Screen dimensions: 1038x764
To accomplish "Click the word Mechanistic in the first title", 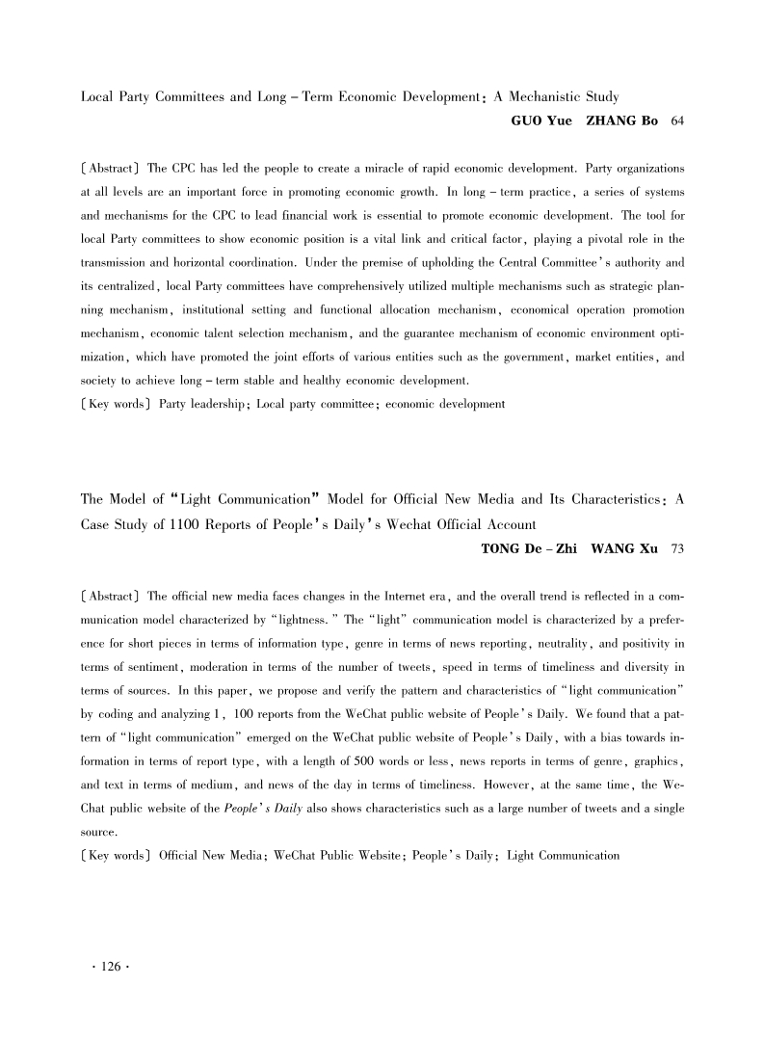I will coord(546,97).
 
